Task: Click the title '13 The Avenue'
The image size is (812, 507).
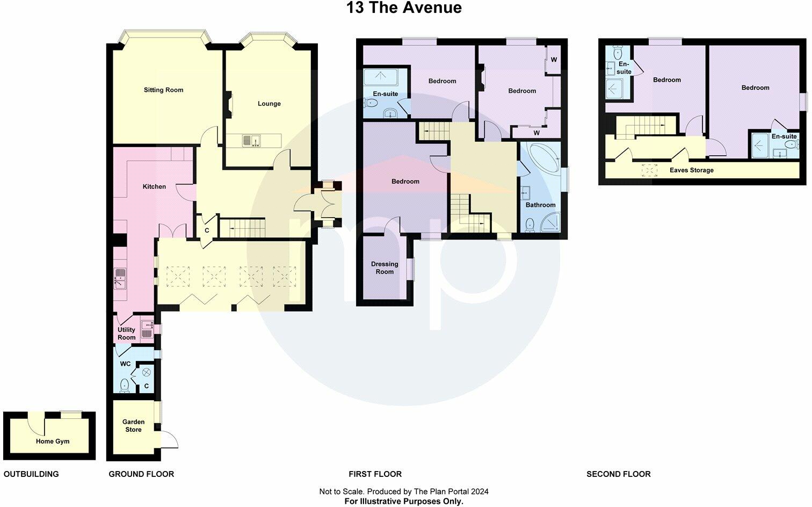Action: pos(404,8)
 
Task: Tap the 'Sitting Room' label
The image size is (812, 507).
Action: pos(163,90)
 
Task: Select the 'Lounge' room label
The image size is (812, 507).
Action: pos(269,104)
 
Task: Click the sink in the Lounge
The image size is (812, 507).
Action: pos(251,141)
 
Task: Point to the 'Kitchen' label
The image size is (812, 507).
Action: pos(154,187)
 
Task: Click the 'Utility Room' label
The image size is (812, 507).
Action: pos(127,334)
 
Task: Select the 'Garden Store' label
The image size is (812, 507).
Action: pos(133,426)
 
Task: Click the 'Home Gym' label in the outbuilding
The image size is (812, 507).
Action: pos(53,441)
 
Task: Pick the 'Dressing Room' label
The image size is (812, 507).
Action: pos(385,267)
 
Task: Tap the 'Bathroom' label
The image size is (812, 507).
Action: pos(540,205)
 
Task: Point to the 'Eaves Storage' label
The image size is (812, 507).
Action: pos(691,170)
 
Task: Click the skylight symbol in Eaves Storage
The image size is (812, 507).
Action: pos(649,170)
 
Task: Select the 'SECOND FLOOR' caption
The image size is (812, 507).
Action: pos(618,474)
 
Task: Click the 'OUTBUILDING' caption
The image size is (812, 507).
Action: pos(31,474)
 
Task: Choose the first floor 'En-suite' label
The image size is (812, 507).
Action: pos(386,94)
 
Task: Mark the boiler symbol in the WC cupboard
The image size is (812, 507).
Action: pos(146,372)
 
